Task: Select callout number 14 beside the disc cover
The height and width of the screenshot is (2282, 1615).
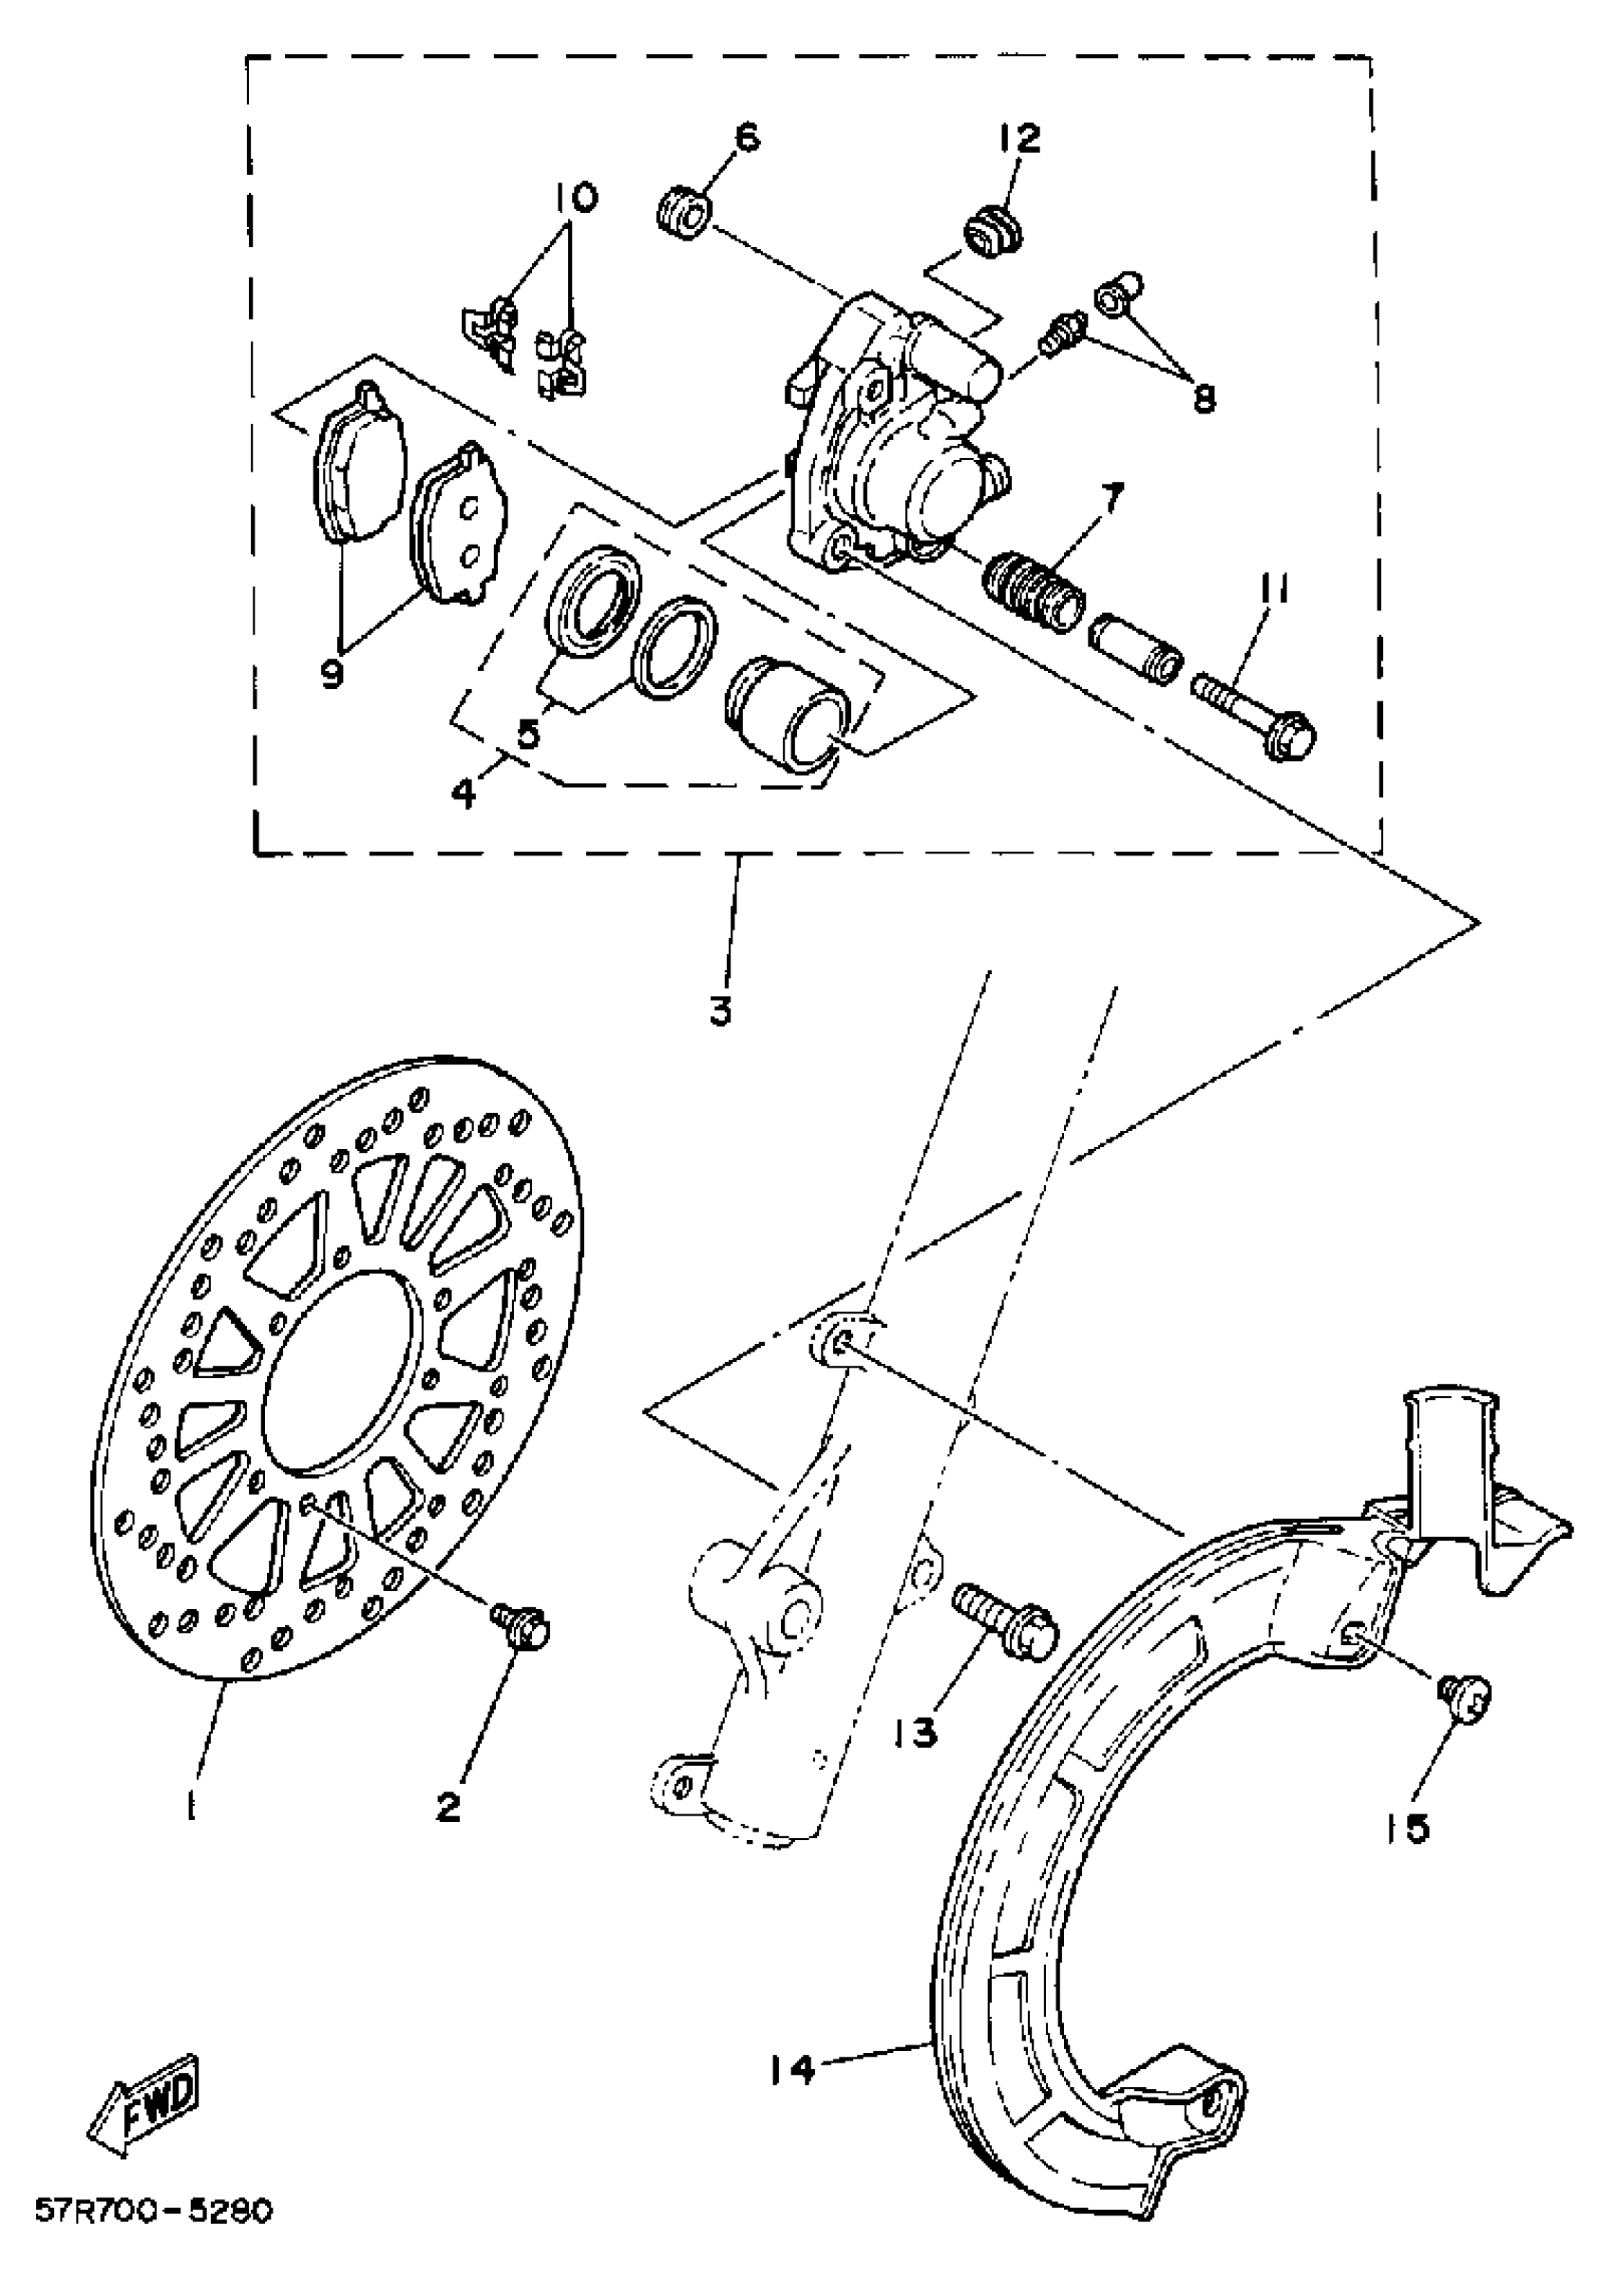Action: coord(791,2071)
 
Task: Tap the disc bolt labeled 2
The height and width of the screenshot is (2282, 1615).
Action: coord(522,1625)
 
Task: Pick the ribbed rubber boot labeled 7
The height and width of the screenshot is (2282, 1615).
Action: coord(1034,592)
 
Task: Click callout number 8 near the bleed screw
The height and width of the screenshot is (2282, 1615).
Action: coord(1204,397)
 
